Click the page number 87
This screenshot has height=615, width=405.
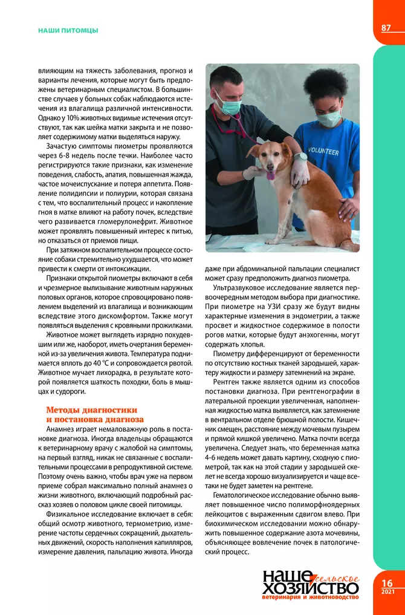click(x=386, y=28)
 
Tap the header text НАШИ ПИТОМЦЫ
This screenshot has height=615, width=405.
click(x=67, y=30)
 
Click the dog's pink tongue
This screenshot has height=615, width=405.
click(x=271, y=175)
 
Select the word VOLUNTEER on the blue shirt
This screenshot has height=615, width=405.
click(x=323, y=151)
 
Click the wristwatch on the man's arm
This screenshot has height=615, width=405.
click(x=300, y=156)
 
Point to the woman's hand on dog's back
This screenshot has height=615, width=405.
click(x=349, y=209)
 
